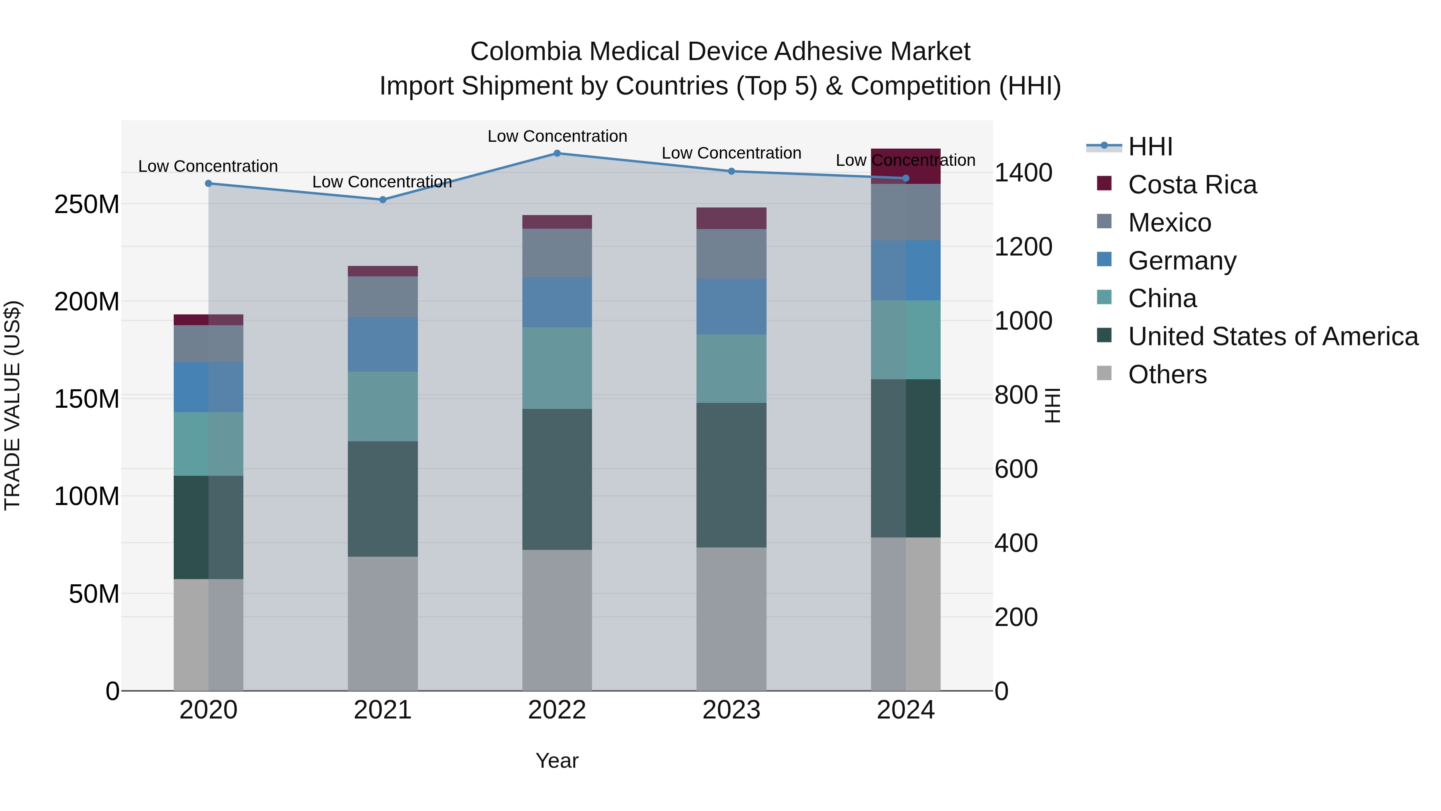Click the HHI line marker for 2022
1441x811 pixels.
557,153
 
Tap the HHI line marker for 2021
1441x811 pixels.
383,200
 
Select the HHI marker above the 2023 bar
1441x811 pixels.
731,171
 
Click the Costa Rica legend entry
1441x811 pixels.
1192,185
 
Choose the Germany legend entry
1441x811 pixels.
1182,261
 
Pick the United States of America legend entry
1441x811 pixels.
1272,336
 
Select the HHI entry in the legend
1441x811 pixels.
1150,147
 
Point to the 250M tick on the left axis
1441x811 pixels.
87,205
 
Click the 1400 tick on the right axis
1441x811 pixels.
1023,173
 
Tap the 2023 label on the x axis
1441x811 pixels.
731,710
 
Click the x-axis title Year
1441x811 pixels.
557,761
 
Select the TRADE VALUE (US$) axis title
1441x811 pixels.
12,405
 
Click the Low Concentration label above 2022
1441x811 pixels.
557,136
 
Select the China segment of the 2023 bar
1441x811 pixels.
731,369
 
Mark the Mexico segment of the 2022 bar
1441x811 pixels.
557,253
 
